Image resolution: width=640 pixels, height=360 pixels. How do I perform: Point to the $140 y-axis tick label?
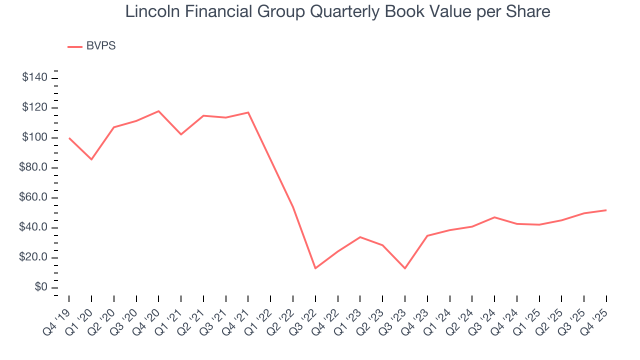(34, 78)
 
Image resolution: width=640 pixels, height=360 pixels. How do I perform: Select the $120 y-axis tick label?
(34, 108)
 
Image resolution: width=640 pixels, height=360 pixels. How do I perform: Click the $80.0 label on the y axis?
(33, 168)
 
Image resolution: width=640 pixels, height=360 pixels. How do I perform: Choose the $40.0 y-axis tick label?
(33, 228)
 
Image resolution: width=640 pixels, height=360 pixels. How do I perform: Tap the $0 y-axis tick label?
(41, 288)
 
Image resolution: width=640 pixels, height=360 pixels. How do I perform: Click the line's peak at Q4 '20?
(158, 111)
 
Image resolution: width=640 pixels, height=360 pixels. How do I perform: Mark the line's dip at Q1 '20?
(91, 159)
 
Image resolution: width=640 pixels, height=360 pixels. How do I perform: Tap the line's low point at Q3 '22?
(315, 268)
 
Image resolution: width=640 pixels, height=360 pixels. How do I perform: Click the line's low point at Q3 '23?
(405, 268)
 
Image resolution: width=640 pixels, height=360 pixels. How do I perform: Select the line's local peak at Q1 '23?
(360, 237)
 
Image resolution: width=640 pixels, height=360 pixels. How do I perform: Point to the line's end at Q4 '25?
(606, 210)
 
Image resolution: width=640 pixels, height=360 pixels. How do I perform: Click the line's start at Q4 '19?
(69, 138)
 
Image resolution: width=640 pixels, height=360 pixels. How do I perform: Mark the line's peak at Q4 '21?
(248, 112)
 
